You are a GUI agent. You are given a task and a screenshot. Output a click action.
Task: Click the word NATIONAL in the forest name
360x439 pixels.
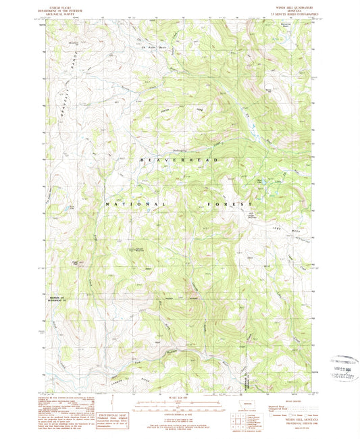click(135, 203)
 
